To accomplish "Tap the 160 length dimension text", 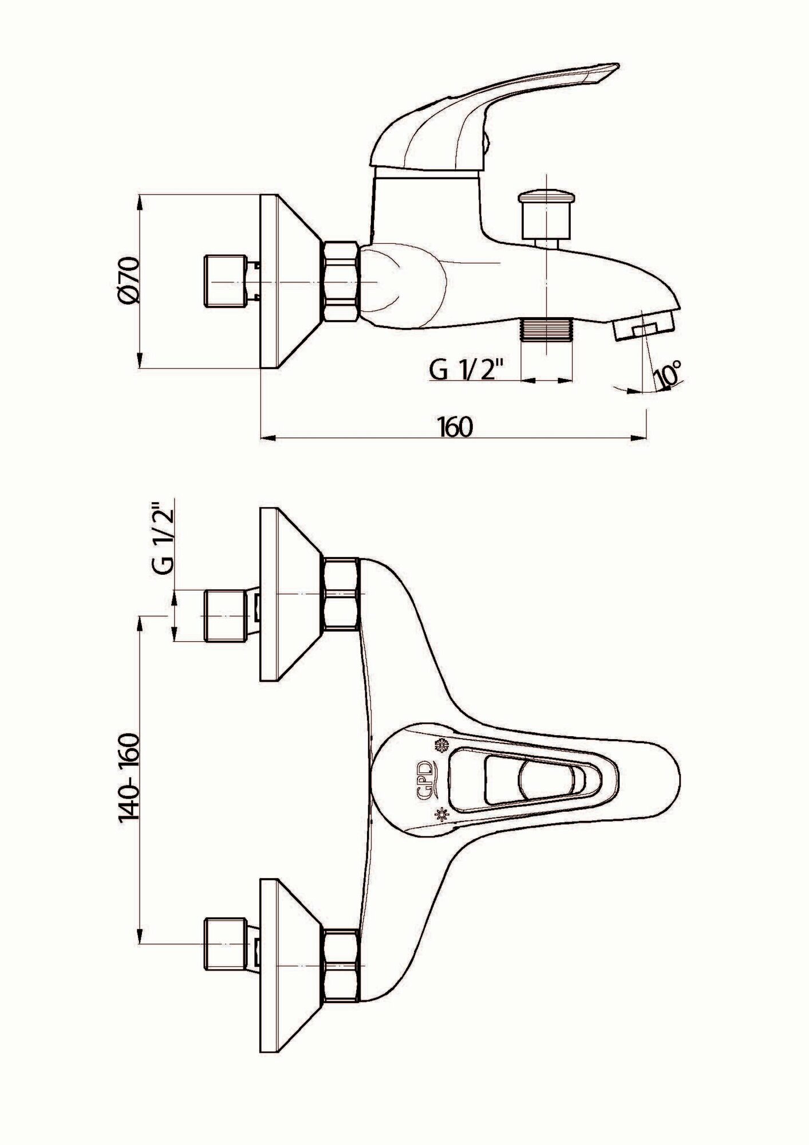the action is (456, 427).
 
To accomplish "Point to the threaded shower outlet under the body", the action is (547, 338).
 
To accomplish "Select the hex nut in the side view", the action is (341, 282).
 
